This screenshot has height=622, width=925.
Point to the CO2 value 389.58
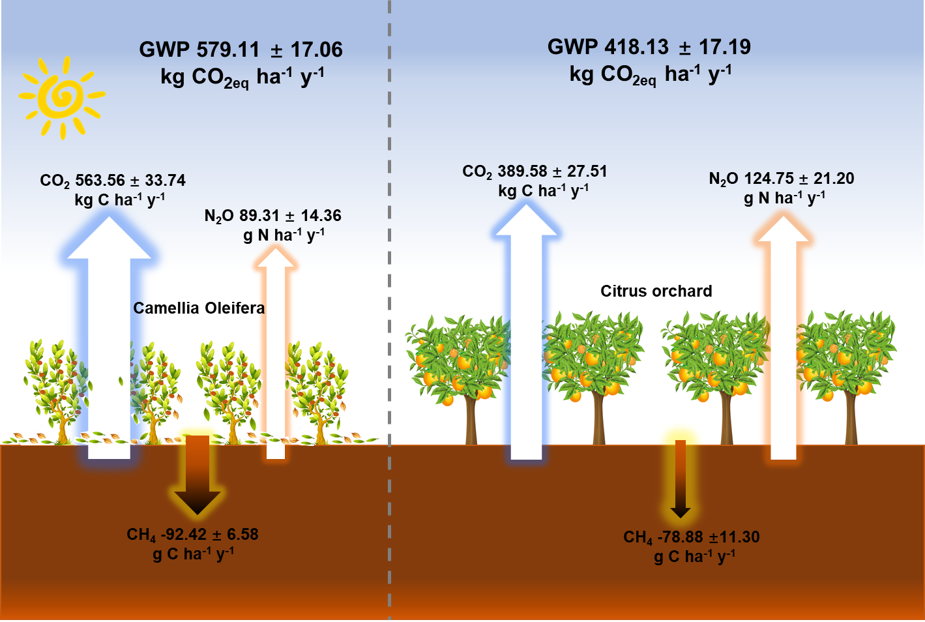522,171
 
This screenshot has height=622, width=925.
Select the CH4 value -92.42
184,535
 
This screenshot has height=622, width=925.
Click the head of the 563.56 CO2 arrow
109,238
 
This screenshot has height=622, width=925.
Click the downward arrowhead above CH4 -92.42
198,502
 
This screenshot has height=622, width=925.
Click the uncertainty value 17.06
316,50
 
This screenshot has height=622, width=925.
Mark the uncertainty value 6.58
242,535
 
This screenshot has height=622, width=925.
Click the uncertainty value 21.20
834,179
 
